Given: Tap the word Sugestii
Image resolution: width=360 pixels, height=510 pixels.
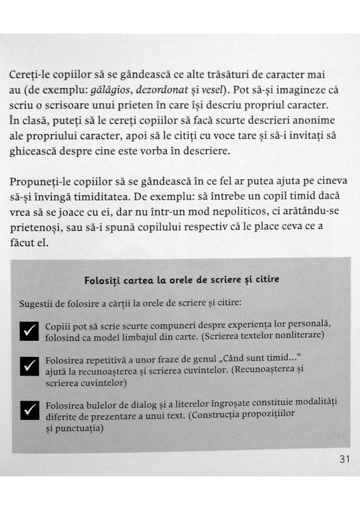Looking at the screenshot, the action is pos(38,302).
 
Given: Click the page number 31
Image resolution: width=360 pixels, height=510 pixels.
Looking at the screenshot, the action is pos(344,460).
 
